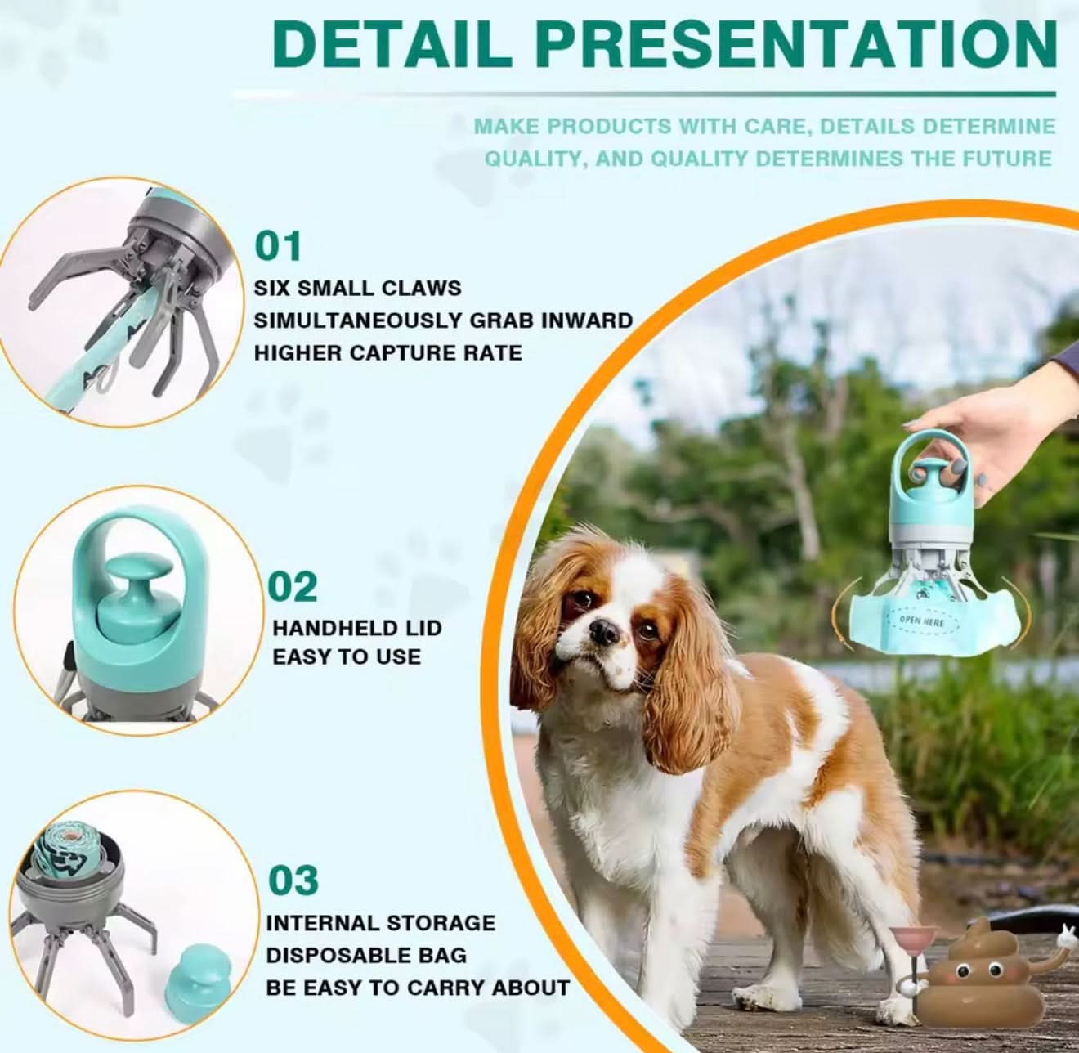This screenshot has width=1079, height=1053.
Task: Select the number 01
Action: (278, 246)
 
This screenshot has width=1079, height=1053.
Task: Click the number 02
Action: (293, 587)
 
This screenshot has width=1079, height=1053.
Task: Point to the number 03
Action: (293, 880)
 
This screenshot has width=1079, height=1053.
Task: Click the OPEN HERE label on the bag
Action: (922, 622)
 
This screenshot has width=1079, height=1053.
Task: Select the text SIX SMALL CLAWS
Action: (357, 288)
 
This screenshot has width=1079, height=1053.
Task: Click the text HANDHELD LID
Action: (356, 628)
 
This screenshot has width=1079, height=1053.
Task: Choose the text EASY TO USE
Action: (347, 656)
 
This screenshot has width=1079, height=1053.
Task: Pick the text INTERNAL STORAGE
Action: (380, 923)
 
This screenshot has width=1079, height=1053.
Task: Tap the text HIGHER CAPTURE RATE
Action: (387, 352)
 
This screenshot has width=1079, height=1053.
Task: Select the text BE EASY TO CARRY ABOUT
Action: (417, 988)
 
